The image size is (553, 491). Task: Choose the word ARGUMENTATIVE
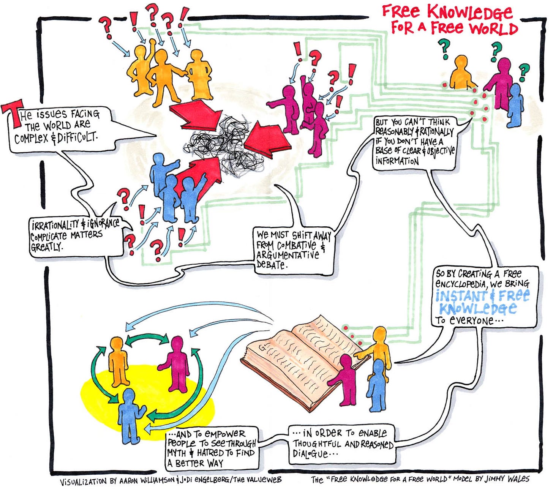(288, 255)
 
